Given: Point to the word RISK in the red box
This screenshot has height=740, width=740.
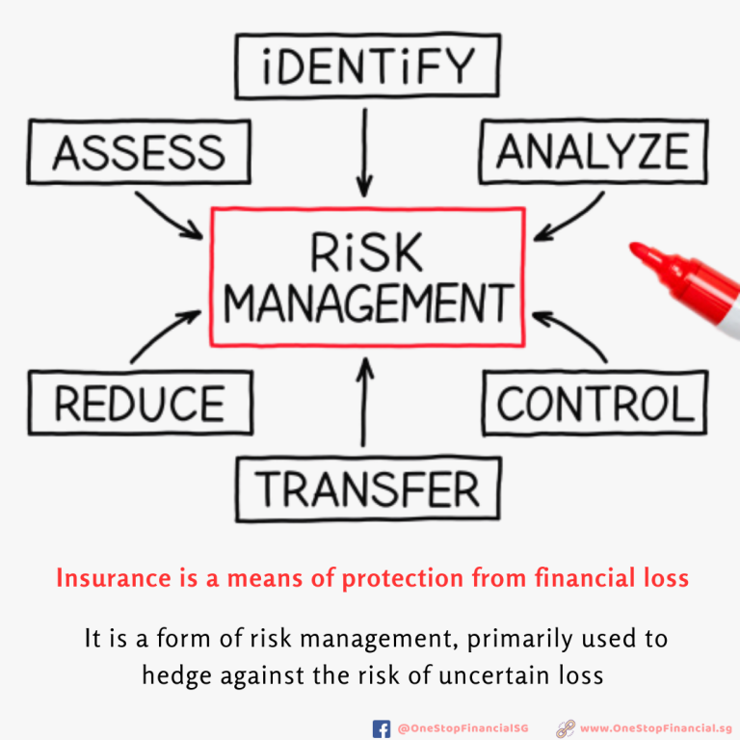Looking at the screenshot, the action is point(366,252).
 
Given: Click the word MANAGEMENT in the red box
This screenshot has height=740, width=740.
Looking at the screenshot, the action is point(368,304).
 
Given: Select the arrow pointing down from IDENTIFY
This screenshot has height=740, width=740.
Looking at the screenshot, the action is point(364,152).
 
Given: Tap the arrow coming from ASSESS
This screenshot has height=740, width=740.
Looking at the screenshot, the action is point(169,216).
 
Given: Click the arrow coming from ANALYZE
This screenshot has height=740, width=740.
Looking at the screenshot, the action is point(569,217).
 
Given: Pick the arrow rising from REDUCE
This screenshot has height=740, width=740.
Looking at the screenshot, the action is point(165,335).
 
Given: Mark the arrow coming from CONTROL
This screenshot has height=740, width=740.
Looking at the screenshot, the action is point(570,336).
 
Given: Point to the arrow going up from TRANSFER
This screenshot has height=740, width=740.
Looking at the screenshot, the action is point(364,402).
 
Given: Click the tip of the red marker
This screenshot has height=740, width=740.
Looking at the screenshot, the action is point(633,247).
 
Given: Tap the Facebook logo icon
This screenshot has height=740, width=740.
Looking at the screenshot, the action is point(382,728).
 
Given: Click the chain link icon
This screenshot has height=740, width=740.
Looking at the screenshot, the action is point(566,728).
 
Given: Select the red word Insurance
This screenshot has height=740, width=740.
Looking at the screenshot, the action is point(114,578).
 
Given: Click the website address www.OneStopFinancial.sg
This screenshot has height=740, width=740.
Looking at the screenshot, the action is point(655,728).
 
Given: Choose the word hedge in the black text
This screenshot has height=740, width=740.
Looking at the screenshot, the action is point(177,675).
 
